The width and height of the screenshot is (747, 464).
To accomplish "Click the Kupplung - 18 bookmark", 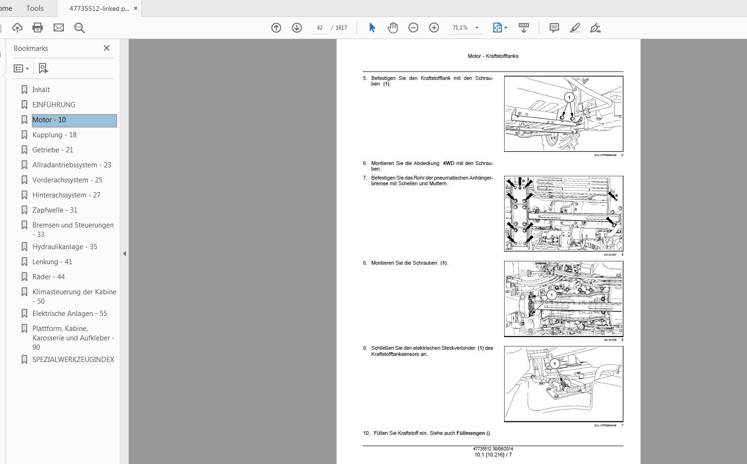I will click(54, 135).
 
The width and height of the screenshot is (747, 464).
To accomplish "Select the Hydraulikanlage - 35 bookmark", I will click(64, 247).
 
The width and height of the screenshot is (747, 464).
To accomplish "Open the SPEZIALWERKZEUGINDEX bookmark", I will click(73, 360).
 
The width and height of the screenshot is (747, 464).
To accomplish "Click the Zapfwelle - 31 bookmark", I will click(54, 210).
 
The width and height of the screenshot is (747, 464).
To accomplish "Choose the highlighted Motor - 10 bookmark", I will click(49, 120).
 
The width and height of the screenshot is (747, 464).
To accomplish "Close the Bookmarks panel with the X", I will click(107, 48).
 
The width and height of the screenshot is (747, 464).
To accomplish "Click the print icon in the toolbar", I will click(38, 28).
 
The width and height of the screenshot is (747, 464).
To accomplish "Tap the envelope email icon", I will click(59, 28).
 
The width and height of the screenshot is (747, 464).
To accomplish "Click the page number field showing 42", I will click(319, 28).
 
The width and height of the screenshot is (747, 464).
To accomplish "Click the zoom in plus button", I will click(434, 28).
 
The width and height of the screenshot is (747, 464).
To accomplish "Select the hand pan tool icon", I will click(392, 28).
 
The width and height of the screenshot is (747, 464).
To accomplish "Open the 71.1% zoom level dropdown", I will click(477, 28).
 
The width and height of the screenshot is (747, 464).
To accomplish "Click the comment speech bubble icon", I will click(554, 28).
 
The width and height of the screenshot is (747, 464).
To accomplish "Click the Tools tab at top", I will click(35, 8).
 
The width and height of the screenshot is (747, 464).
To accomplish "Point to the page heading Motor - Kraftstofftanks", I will click(493, 56).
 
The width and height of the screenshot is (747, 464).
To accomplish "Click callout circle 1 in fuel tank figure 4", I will click(569, 97).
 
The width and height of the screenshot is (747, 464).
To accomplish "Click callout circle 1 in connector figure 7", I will click(554, 363).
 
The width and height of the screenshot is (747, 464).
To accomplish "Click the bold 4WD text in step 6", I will click(448, 163).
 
